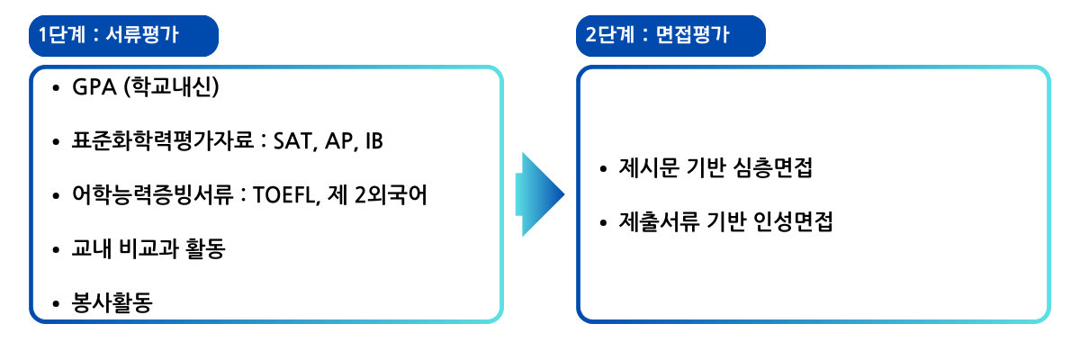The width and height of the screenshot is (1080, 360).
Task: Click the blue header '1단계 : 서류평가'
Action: [123, 36]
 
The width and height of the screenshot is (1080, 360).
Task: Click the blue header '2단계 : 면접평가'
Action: [670, 36]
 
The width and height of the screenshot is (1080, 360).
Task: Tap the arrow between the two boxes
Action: [539, 194]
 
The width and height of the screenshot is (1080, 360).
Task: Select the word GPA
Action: [94, 87]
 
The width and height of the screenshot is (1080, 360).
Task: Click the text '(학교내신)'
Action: [172, 87]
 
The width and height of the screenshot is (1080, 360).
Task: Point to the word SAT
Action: [292, 141]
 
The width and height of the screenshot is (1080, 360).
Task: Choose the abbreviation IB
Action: [374, 141]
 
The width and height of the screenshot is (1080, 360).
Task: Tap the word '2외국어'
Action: [391, 195]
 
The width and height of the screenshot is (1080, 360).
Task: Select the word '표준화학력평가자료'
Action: [163, 140]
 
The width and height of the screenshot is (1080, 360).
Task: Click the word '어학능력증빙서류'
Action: [152, 195]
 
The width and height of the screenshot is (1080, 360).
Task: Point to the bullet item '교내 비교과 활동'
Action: [148, 248]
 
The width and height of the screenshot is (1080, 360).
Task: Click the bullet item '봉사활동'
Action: [112, 302]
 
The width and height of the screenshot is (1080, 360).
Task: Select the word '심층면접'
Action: [772, 167]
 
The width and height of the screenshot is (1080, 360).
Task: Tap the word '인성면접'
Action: [793, 221]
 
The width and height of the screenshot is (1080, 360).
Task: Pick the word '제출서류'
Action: [659, 221]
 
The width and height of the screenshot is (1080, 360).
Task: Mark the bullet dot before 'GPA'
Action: [56, 88]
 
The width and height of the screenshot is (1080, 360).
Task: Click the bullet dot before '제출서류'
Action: [603, 222]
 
